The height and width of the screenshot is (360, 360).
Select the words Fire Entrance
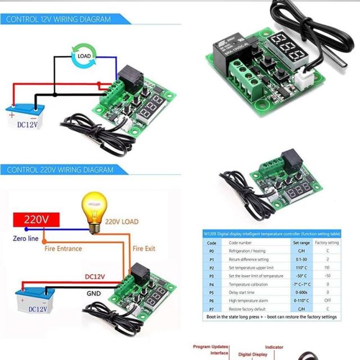pyautogui.click(x=63, y=248)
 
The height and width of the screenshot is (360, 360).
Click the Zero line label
pyautogui.click(x=26, y=238)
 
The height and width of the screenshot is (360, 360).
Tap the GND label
pyautogui.click(x=93, y=293)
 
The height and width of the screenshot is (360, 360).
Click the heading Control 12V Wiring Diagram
pyautogui.click(x=58, y=19)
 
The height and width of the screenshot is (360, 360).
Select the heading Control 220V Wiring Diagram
pyautogui.click(x=60, y=169)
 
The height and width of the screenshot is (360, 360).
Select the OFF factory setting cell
pyautogui.click(x=327, y=301)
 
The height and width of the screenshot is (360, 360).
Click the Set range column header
pyautogui.click(x=301, y=242)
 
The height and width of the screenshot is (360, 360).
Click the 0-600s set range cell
pyautogui.click(x=301, y=292)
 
